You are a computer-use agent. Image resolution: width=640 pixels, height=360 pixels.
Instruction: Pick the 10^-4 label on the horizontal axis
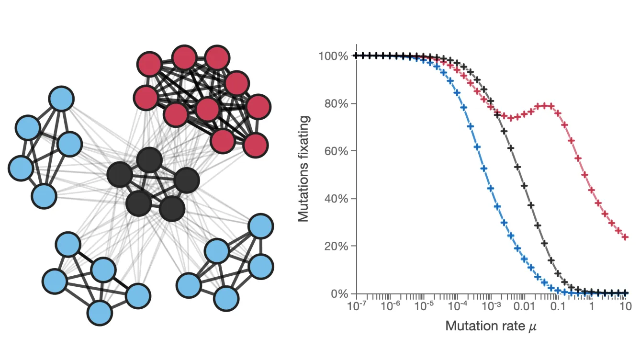457,306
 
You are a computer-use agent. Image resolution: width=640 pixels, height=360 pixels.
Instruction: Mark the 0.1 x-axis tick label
558,306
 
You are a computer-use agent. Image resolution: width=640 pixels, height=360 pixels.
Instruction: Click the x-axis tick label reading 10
624,306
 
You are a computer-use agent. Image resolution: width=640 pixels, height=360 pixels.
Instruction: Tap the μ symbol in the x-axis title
532,327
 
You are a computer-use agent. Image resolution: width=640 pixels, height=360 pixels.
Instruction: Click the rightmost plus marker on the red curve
625,237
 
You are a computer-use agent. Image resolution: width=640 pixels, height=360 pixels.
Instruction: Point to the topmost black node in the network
149,160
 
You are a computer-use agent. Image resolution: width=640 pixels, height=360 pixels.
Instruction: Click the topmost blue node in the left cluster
61,99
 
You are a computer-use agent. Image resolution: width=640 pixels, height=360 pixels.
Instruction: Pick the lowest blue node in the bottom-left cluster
100,313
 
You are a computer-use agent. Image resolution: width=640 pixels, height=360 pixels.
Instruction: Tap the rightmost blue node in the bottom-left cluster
138,296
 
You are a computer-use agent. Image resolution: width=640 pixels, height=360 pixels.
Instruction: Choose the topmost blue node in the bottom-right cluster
260,226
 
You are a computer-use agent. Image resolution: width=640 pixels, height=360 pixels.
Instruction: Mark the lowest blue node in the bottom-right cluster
226,299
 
